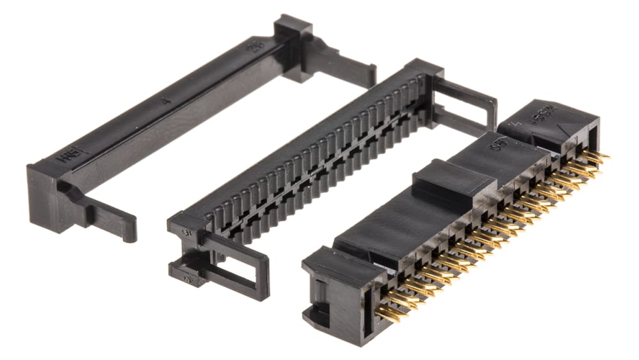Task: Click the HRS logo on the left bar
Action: point(65,156)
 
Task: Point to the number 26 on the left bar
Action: point(257,45)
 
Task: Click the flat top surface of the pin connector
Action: point(397,218)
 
